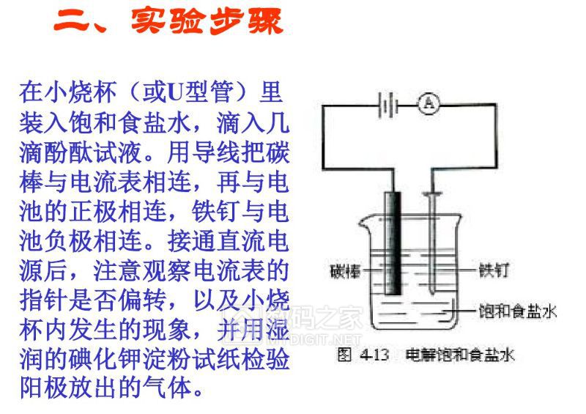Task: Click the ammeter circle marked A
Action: (429, 103)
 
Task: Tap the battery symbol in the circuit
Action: (387, 105)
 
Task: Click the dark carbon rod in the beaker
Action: (393, 243)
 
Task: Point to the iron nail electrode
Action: (432, 243)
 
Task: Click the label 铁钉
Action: (493, 270)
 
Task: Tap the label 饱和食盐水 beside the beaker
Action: (518, 311)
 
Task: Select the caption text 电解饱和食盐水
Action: (460, 355)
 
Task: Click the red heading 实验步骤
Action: (207, 21)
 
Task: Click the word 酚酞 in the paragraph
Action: (69, 152)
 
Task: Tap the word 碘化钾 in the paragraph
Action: (105, 358)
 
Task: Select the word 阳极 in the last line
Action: (44, 388)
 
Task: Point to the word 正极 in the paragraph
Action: (94, 210)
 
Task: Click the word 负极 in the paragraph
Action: (69, 240)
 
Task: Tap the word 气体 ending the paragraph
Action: (168, 388)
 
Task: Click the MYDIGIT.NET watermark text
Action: (314, 339)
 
